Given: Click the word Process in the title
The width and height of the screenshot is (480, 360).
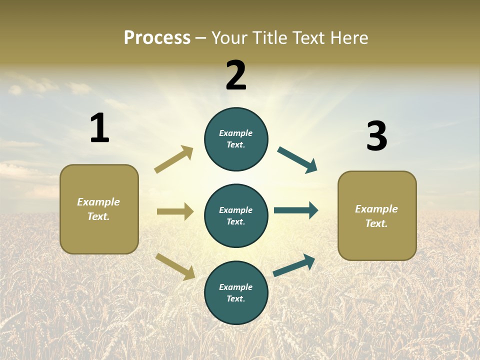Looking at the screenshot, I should tap(157, 38).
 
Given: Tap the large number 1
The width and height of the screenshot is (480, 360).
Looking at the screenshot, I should tap(99, 128).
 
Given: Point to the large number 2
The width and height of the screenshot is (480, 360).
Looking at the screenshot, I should tap(236, 75).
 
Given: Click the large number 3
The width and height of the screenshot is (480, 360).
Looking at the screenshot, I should tap(376, 136).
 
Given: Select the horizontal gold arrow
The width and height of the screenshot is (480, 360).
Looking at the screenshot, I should tap(175, 211).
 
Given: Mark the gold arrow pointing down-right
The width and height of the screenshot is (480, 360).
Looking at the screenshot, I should tap(175, 266).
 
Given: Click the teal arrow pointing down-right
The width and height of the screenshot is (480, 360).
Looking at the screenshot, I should tap(297, 160).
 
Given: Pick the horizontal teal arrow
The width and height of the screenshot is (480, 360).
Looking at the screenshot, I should tap(296, 210).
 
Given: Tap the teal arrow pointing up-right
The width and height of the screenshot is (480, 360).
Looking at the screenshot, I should tap(294, 265).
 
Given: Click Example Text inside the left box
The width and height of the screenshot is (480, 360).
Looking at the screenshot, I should tap(98, 209).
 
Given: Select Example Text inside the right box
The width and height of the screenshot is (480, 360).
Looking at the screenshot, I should tap(376, 216).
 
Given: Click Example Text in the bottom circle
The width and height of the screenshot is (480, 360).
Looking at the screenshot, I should tap(236, 292).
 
